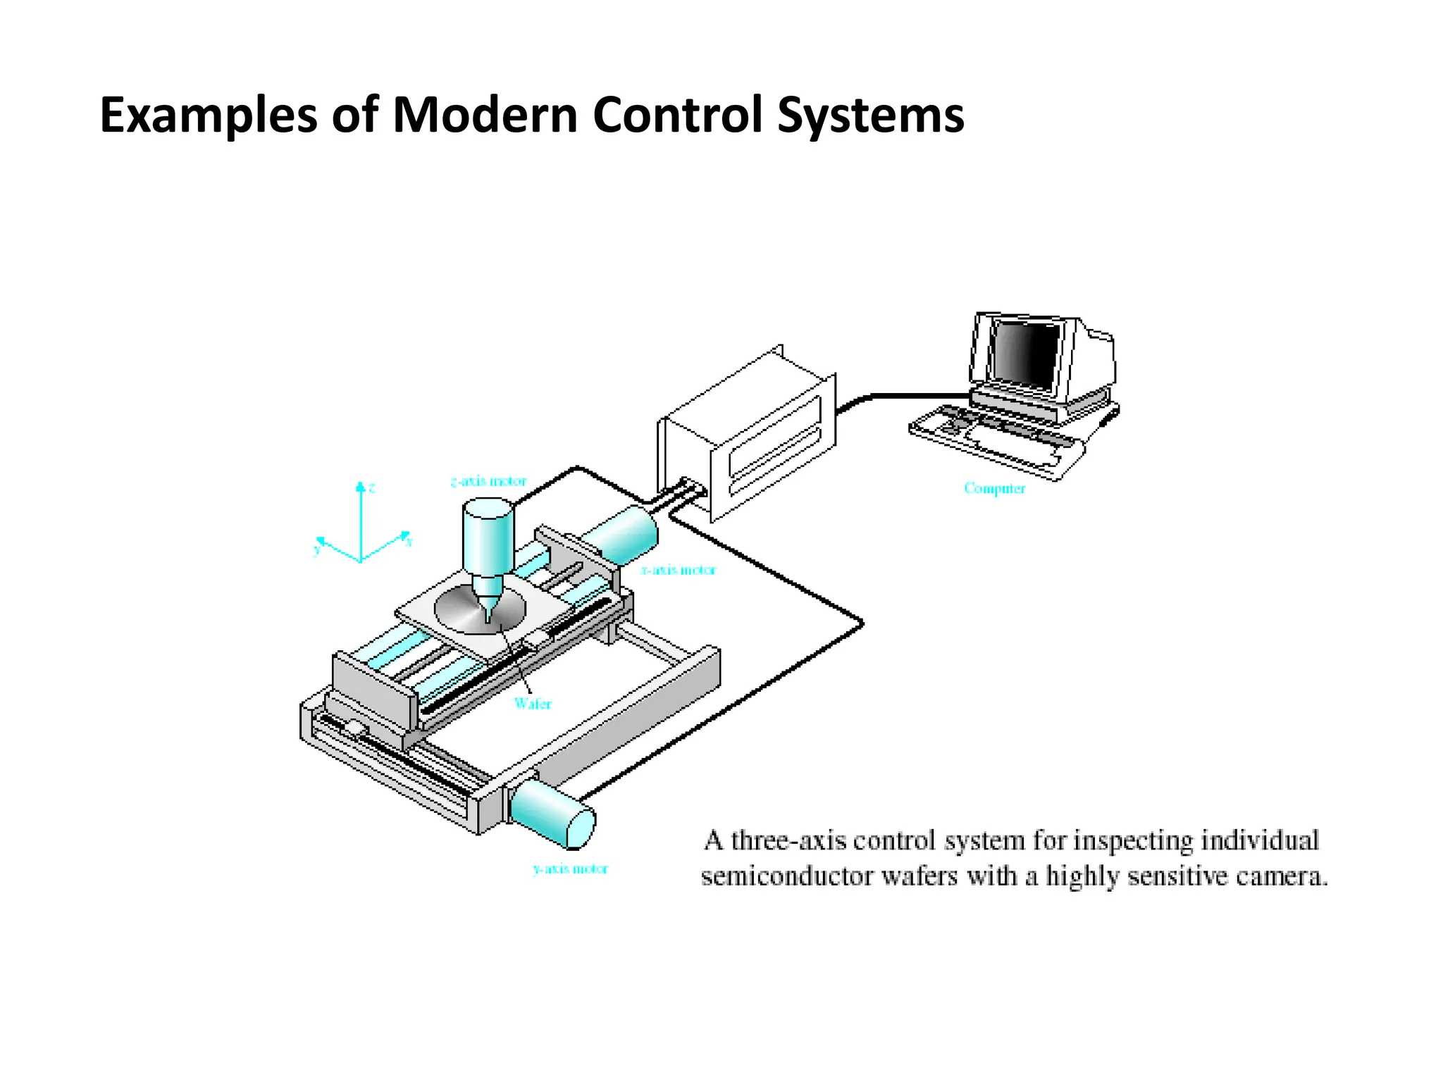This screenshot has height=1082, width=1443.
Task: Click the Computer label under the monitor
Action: (994, 488)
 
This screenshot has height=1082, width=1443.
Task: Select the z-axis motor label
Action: (488, 482)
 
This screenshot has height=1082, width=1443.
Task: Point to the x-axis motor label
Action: (678, 570)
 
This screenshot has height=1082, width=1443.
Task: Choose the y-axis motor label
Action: (570, 869)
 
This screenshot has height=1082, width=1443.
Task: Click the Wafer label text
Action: (533, 703)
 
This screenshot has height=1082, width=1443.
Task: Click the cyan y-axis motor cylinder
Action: (553, 813)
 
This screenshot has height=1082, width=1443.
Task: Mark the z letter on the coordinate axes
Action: (372, 487)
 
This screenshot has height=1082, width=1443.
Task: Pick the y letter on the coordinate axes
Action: (317, 549)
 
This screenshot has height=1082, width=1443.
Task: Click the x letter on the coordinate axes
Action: (409, 542)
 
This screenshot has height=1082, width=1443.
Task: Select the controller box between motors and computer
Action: (747, 437)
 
